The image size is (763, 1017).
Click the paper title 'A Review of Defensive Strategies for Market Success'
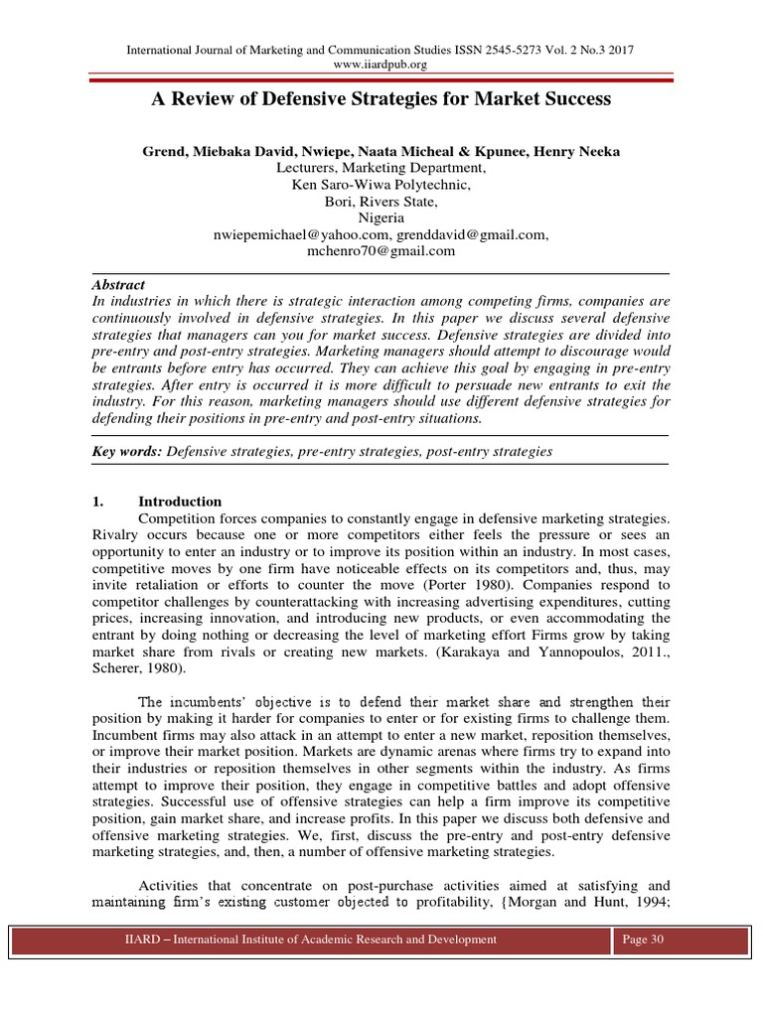381,99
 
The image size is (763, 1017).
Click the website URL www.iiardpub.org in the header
381,65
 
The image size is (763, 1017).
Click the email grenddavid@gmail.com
472,234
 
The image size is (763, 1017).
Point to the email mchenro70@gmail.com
381,251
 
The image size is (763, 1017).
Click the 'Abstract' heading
118,284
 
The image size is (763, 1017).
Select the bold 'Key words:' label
127,452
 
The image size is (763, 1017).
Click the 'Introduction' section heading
180,501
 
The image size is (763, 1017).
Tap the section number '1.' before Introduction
98,501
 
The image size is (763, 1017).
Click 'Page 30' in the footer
643,939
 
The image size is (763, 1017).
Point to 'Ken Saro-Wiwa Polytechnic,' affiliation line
381,184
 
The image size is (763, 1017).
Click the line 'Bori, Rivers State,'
381,201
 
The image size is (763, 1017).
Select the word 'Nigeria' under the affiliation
381,218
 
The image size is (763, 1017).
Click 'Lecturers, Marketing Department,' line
381,167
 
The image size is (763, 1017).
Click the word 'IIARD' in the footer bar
130,939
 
